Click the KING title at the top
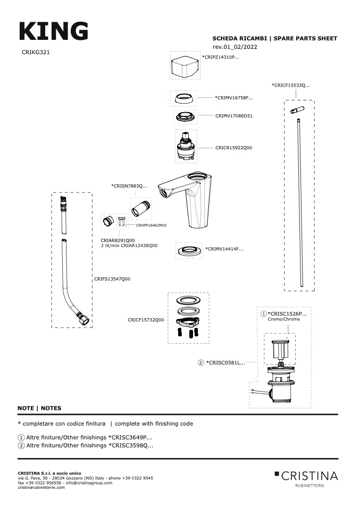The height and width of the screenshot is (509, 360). pos(53,31)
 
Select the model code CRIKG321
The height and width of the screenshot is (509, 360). pos(36,53)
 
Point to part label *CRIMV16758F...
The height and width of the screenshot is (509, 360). pos(234,98)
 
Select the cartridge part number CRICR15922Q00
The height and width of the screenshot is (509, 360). pos(233,148)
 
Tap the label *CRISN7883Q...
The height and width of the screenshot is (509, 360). pos(129,186)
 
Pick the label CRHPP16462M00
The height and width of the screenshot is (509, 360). pos(151,225)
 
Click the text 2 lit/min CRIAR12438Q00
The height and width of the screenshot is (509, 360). pos(129,246)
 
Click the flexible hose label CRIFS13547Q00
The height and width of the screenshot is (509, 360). pos(112,279)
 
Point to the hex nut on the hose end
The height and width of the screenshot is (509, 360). pos(83,320)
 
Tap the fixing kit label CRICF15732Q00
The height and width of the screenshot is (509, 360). pos(146,320)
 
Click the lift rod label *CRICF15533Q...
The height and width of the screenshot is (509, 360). pos(290,85)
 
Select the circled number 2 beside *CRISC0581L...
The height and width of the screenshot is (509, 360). pos(201,363)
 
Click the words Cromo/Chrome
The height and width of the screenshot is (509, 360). pos(283,319)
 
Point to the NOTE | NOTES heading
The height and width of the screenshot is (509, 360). pos(39,408)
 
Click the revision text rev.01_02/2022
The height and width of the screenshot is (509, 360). pos(235,47)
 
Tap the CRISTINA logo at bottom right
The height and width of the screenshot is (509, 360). pos(306,476)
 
